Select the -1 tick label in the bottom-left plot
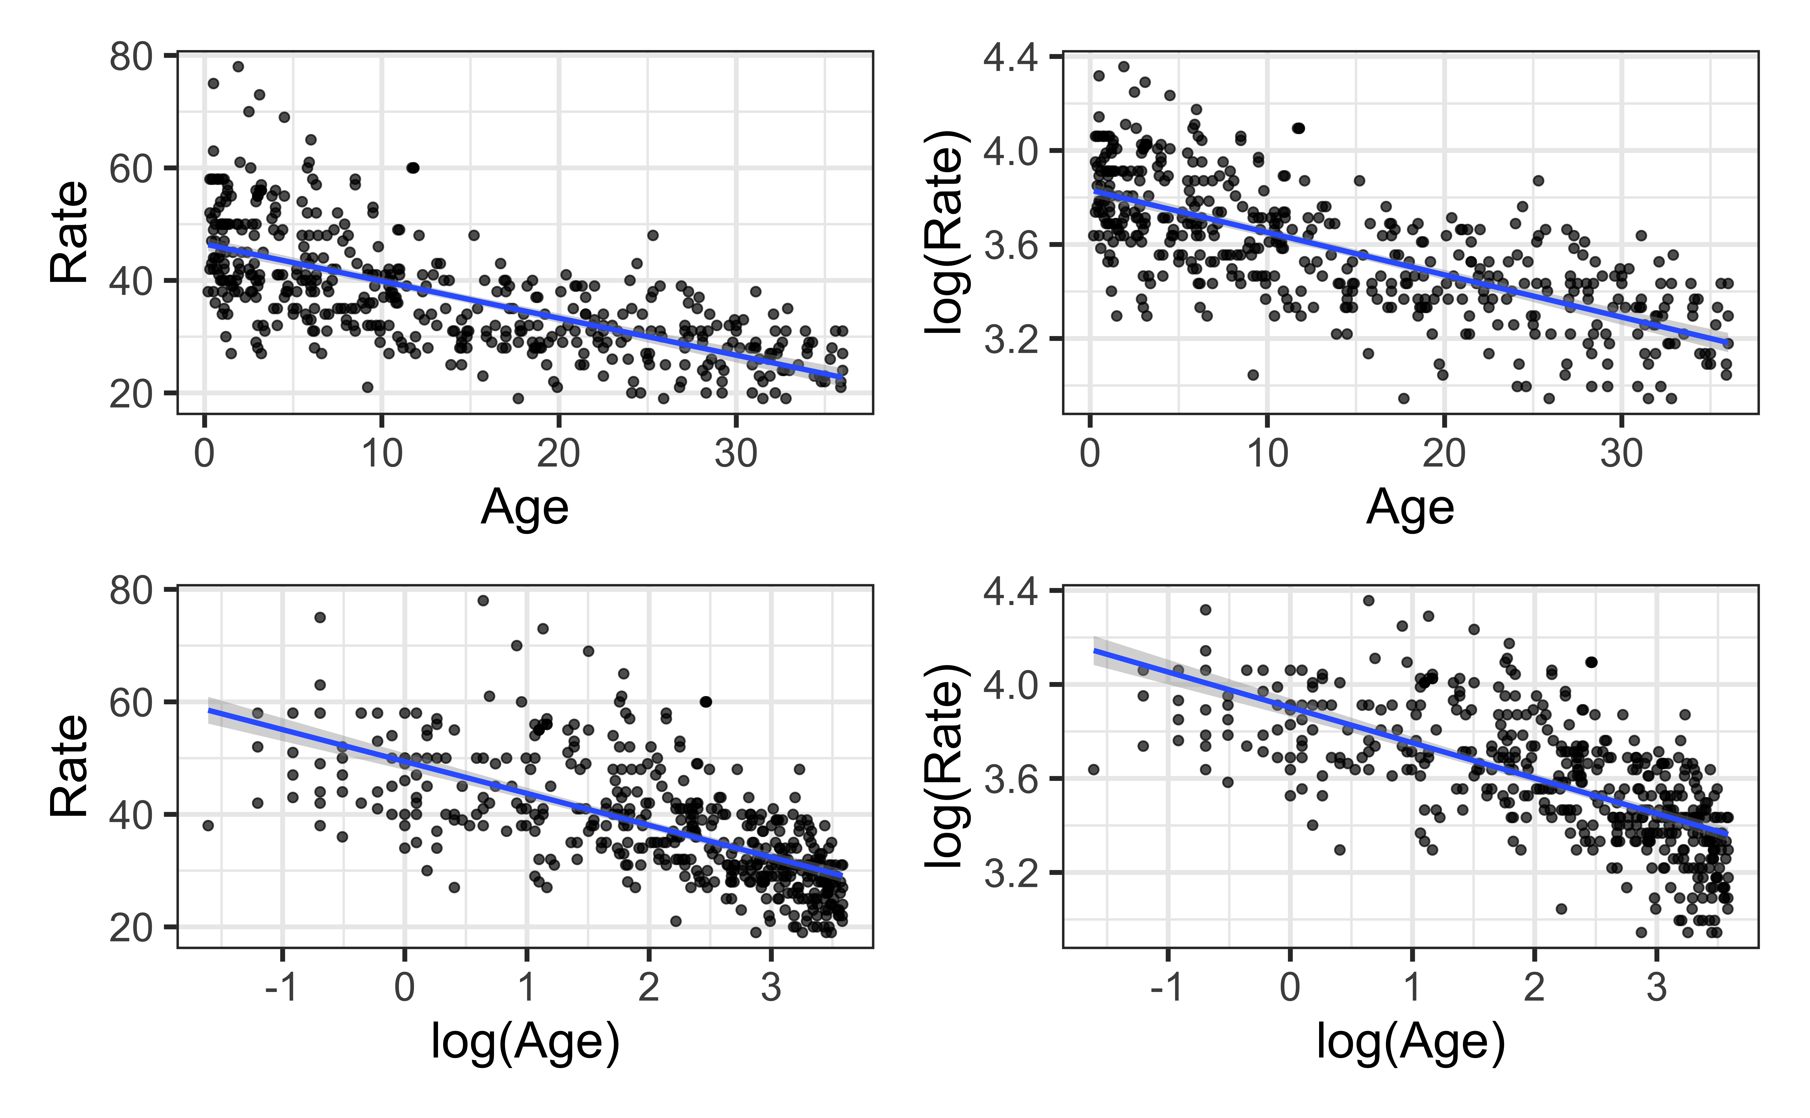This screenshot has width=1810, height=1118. coord(282,988)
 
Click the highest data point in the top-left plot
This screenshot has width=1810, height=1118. coord(238,67)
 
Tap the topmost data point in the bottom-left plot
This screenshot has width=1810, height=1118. coord(483,600)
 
